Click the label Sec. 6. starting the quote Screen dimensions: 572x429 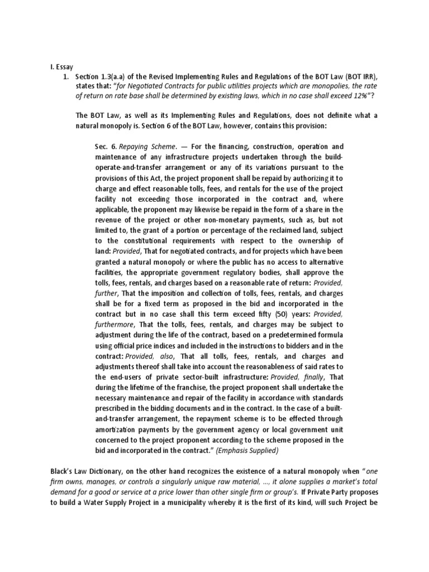pyautogui.click(x=106, y=146)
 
